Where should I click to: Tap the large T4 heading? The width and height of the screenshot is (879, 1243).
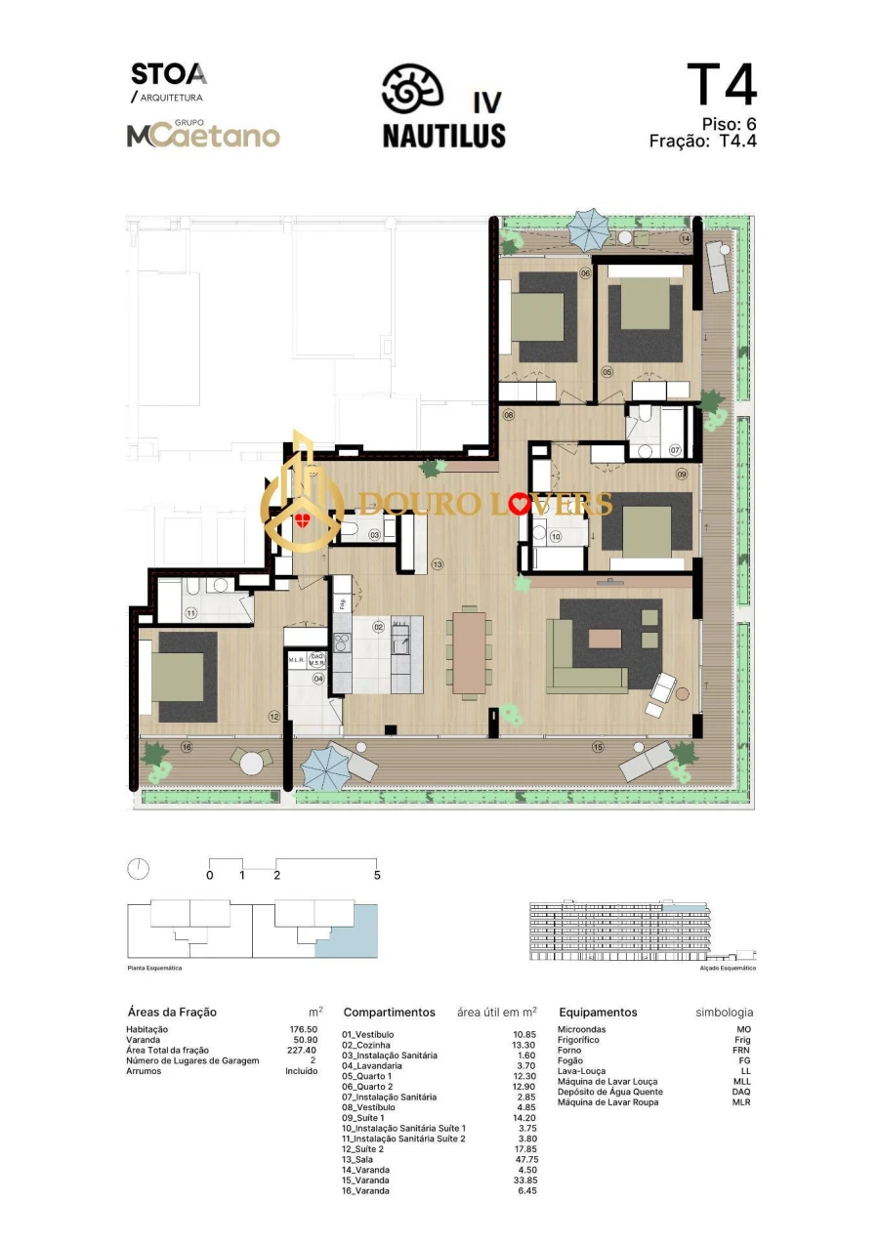(722, 85)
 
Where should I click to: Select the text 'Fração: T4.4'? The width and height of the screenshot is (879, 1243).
(703, 141)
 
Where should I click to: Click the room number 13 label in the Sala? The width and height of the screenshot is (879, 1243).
(438, 564)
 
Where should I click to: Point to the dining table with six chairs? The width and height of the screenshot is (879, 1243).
(470, 651)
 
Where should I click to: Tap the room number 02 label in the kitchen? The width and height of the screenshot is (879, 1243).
(378, 627)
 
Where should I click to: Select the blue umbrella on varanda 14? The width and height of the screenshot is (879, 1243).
(589, 229)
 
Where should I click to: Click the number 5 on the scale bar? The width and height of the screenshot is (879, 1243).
(377, 876)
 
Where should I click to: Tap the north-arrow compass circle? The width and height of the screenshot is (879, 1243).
(139, 869)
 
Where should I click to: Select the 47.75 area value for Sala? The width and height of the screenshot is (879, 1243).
(525, 1159)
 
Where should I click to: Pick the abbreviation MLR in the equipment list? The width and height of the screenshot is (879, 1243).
(743, 1102)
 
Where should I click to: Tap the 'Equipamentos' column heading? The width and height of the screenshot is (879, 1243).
(598, 1013)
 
